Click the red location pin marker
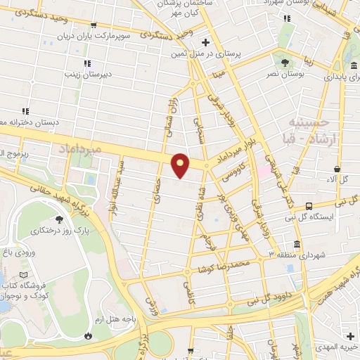tap(181, 164)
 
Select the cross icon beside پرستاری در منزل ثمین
tap(204, 42)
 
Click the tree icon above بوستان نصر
tap(284, 62)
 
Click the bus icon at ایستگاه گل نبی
tap(309, 206)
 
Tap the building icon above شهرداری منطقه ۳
tap(296, 244)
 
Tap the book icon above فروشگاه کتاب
tap(25, 274)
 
